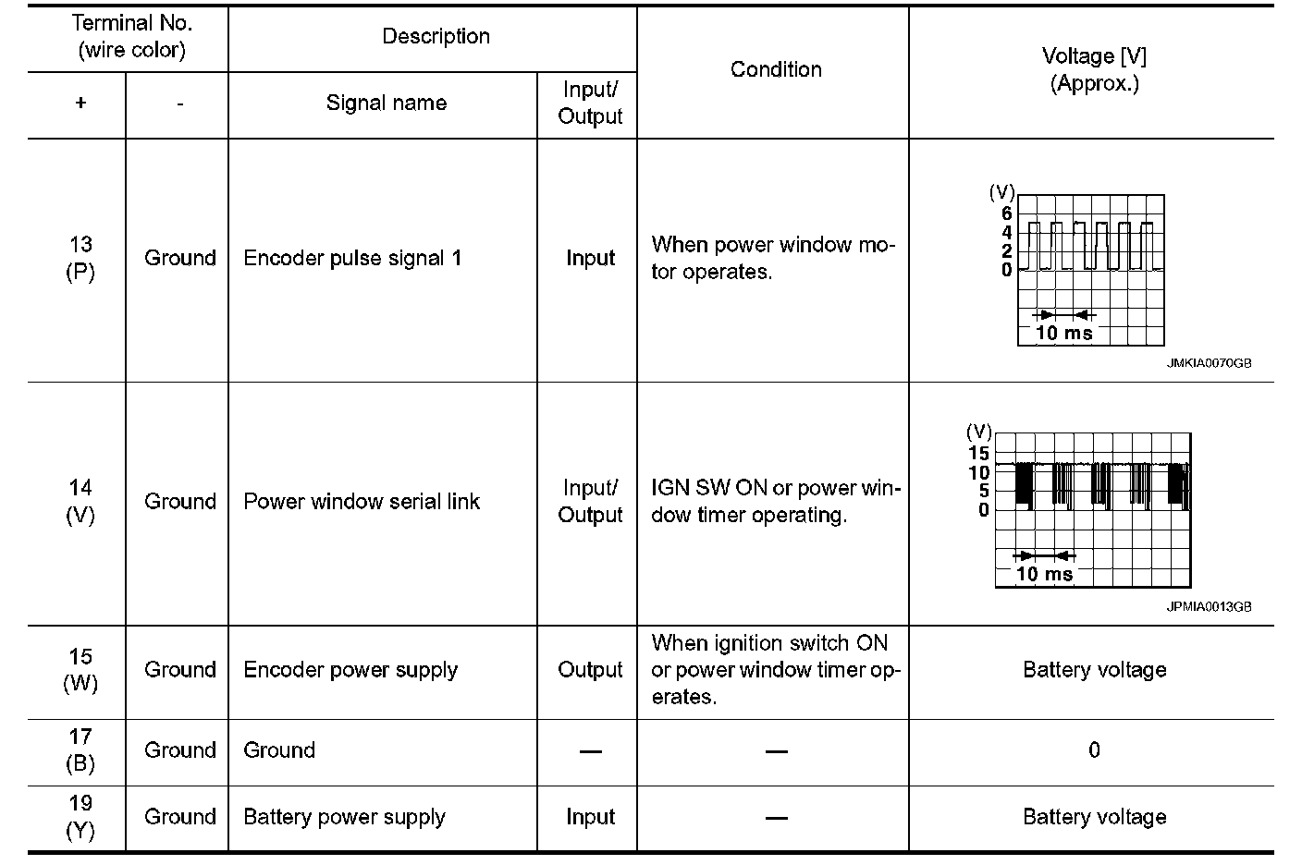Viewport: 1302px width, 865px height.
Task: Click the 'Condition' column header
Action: pyautogui.click(x=775, y=69)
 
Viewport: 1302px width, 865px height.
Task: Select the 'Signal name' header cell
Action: pyautogui.click(x=386, y=104)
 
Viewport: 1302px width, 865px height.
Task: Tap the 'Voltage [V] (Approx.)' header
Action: pyautogui.click(x=1094, y=69)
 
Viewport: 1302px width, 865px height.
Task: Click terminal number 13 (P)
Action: pyautogui.click(x=80, y=258)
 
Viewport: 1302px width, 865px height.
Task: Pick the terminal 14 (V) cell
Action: pyautogui.click(x=80, y=501)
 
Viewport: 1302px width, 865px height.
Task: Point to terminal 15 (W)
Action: pyautogui.click(x=80, y=670)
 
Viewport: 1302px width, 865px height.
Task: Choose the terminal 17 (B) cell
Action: pyautogui.click(x=80, y=749)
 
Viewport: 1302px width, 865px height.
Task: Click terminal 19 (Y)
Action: pyautogui.click(x=80, y=817)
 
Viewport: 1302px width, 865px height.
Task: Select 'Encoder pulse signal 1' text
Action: pyautogui.click(x=352, y=258)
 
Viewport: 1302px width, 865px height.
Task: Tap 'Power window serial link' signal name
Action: pyautogui.click(x=362, y=501)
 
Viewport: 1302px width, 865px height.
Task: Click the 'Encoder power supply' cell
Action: pyautogui.click(x=350, y=670)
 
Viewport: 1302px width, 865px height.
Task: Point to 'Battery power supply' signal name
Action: pyautogui.click(x=344, y=817)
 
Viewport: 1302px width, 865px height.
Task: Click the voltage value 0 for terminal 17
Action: pyautogui.click(x=1094, y=749)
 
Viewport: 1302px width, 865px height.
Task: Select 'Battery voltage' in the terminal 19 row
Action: pyautogui.click(x=1094, y=817)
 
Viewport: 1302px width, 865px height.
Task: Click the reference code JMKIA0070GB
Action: pyautogui.click(x=1209, y=364)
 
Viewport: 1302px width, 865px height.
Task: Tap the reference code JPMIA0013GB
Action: pyautogui.click(x=1209, y=607)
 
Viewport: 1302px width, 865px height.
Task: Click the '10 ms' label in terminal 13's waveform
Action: pyautogui.click(x=1063, y=333)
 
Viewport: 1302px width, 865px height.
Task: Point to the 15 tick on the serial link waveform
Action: pyautogui.click(x=978, y=454)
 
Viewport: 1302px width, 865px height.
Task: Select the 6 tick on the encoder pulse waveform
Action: pyautogui.click(x=1007, y=213)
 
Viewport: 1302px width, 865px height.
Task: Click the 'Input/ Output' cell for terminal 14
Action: pyautogui.click(x=590, y=501)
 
